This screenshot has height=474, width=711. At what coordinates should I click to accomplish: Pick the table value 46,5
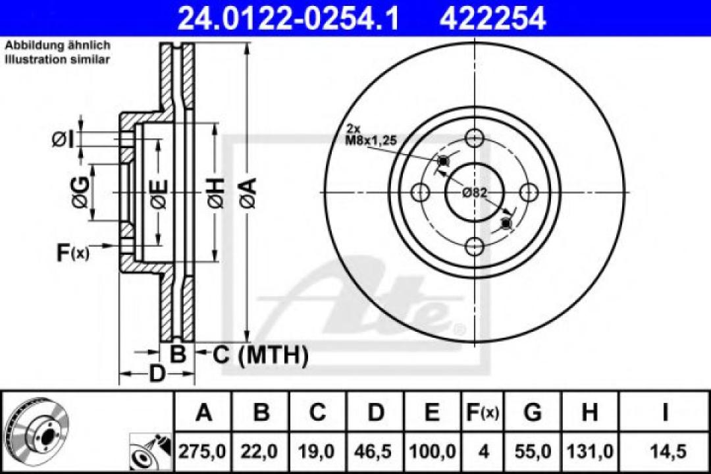[x=375, y=452]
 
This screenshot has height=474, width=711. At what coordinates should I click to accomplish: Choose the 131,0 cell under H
[x=589, y=452]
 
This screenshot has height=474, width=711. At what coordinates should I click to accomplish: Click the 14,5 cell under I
[x=665, y=452]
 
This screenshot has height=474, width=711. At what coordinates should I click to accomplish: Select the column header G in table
[x=532, y=413]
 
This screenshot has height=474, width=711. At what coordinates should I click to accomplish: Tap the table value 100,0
[x=432, y=452]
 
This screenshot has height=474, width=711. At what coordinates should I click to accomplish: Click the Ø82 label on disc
[x=474, y=192]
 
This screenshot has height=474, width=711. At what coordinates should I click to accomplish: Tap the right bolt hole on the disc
[x=528, y=192]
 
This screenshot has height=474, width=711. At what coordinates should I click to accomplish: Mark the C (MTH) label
[x=260, y=355]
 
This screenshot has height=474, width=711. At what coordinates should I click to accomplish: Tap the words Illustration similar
[x=58, y=59]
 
